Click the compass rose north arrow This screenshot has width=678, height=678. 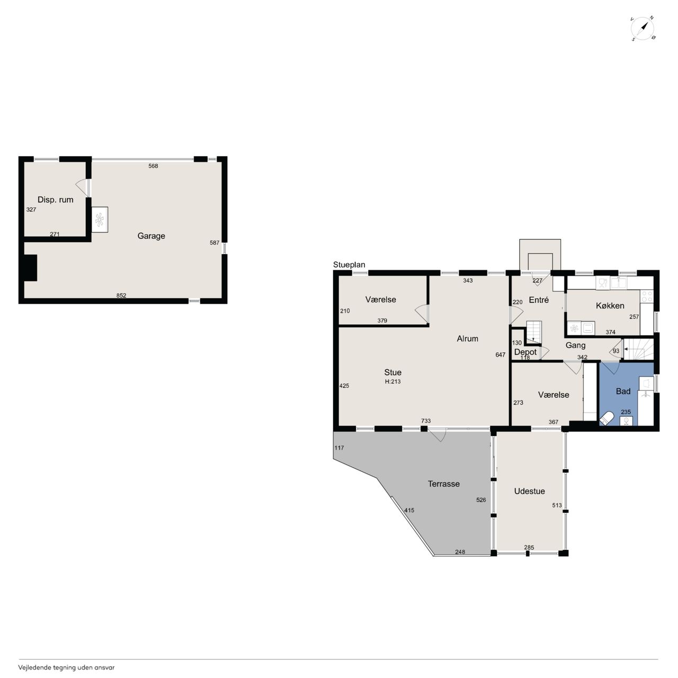[645, 26]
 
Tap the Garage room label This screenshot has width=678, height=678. [151, 236]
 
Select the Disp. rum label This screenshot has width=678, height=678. [55, 200]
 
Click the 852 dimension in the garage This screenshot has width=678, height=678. [121, 295]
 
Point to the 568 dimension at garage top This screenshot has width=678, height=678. [153, 166]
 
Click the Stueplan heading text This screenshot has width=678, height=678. [349, 265]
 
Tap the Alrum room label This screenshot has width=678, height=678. [467, 338]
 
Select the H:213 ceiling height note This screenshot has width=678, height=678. [392, 381]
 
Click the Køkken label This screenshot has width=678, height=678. [610, 306]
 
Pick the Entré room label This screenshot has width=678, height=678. [539, 300]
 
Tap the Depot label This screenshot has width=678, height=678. [525, 352]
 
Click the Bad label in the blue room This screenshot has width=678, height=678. [623, 391]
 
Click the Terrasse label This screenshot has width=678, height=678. [444, 484]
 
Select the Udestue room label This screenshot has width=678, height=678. [529, 491]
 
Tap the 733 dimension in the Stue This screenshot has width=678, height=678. [426, 421]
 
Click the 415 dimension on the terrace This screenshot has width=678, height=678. [409, 510]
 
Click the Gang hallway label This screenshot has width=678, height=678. [575, 345]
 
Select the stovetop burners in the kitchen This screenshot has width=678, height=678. [647, 296]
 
